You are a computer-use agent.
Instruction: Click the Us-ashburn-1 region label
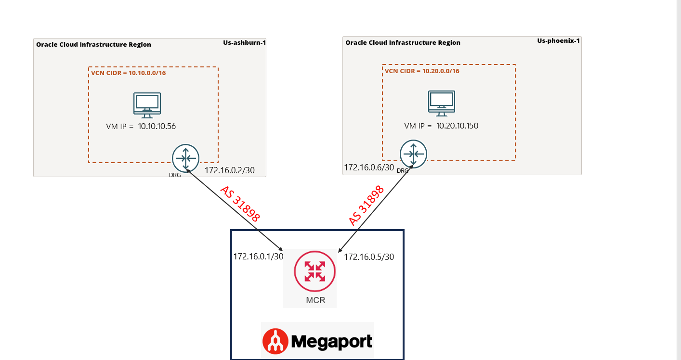click(x=244, y=42)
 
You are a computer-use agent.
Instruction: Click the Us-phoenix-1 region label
click(x=558, y=40)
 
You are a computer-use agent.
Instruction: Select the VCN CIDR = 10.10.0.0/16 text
click(x=129, y=73)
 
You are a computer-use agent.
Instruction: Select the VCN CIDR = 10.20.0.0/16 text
click(x=422, y=71)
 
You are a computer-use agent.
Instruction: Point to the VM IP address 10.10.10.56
click(x=157, y=127)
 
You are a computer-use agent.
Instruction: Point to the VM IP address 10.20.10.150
click(x=457, y=126)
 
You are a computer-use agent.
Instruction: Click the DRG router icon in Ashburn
click(x=185, y=157)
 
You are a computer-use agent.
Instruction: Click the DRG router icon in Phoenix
click(x=413, y=153)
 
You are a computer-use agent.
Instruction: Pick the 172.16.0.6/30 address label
click(x=369, y=167)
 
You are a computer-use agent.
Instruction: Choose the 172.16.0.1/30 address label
click(x=258, y=257)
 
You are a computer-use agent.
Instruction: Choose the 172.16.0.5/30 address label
click(x=369, y=257)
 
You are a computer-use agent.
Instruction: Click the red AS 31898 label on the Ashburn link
click(x=240, y=204)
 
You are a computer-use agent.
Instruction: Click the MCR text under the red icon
click(x=315, y=300)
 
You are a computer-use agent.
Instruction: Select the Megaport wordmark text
click(x=332, y=342)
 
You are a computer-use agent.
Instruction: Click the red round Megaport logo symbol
click(x=275, y=342)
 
